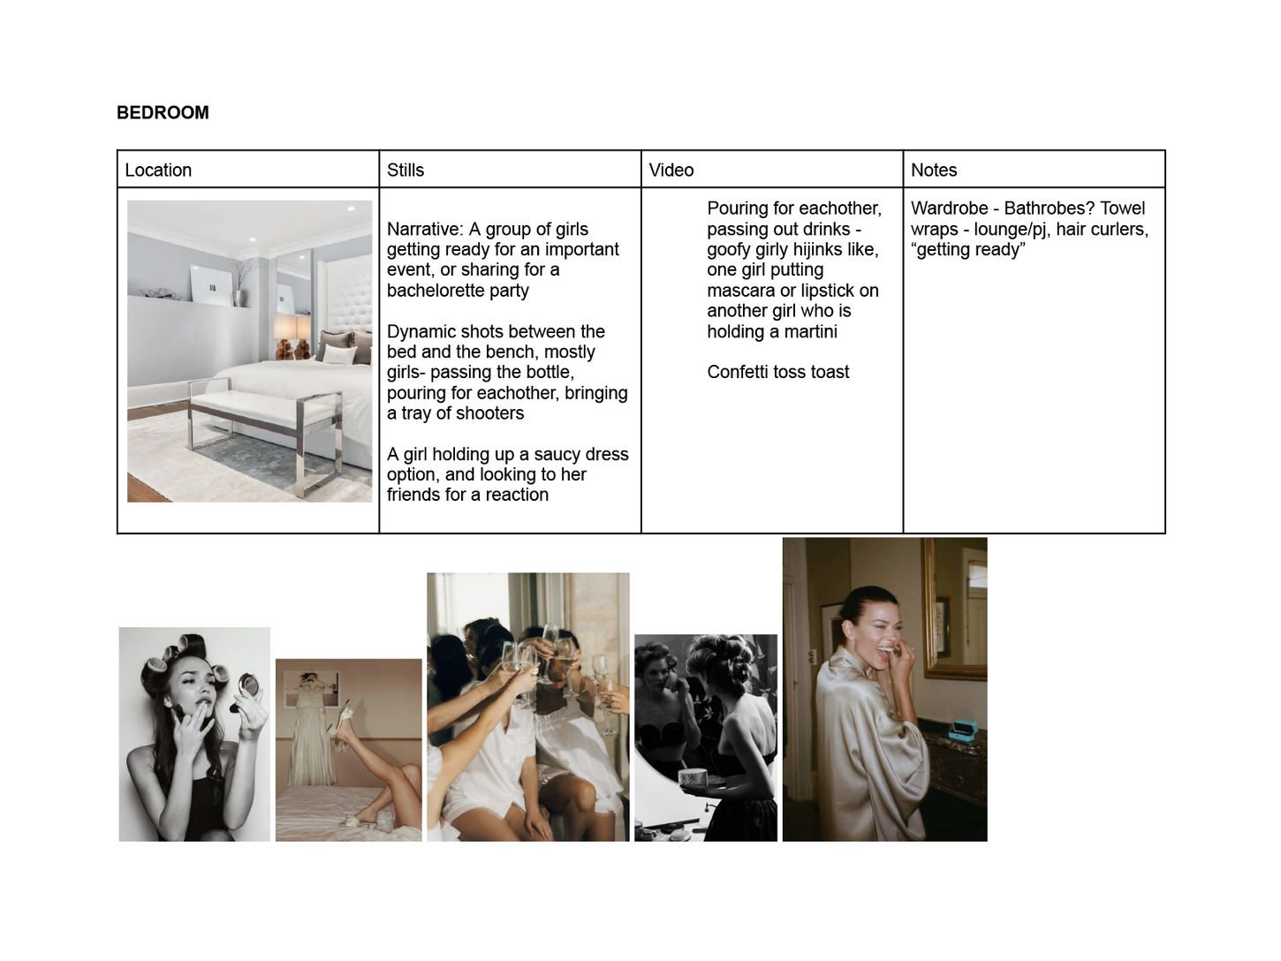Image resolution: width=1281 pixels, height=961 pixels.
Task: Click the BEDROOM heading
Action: click(x=163, y=112)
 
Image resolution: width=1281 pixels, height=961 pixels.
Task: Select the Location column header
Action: click(x=158, y=170)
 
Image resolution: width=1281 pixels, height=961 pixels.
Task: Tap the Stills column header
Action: click(x=405, y=170)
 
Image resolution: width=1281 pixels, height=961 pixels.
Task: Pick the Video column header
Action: click(x=671, y=170)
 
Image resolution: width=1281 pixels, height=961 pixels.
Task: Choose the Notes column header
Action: click(x=934, y=170)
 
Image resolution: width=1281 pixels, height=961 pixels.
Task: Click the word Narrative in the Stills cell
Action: click(x=425, y=229)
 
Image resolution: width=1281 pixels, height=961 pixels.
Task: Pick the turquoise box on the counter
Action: click(x=963, y=730)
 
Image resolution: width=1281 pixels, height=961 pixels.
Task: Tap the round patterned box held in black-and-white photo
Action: click(x=693, y=777)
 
